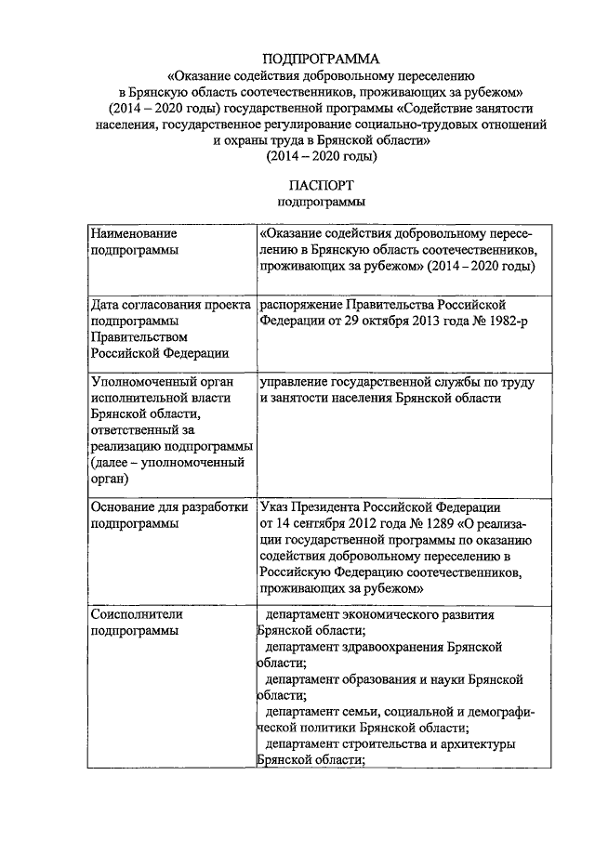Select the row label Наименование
point(134,233)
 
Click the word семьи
point(364,712)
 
